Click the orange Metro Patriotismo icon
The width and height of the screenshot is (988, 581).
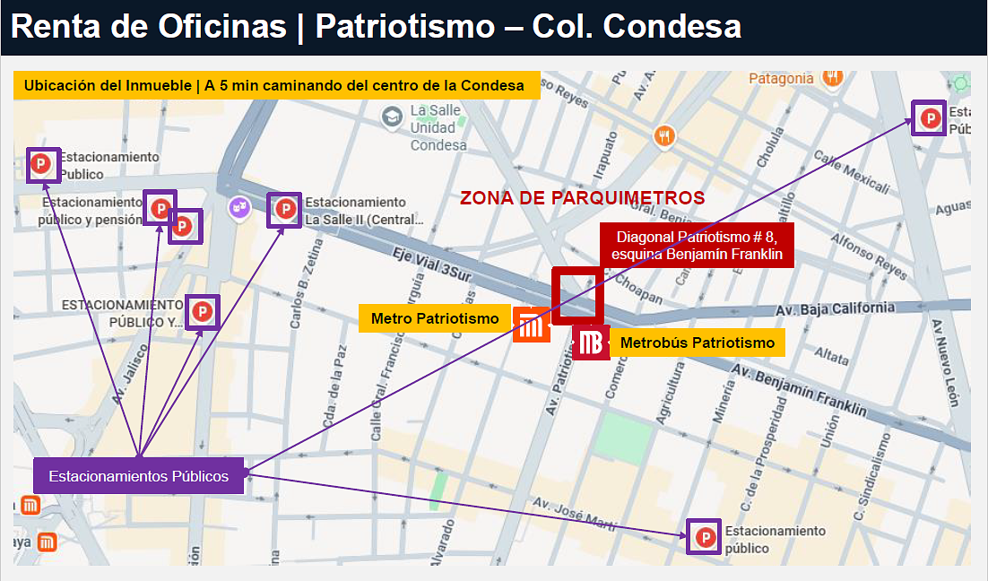pos(531,325)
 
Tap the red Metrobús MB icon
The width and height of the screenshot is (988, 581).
pos(590,343)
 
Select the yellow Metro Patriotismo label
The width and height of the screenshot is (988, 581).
pos(435,318)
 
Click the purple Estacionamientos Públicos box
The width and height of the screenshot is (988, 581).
pos(138,476)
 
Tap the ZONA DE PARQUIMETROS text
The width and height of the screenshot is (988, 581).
pos(582,197)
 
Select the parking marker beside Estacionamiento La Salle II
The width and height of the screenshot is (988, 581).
pos(285,210)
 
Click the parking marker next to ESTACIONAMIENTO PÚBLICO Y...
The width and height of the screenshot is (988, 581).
pos(203,312)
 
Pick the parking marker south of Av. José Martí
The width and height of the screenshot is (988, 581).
pos(705,537)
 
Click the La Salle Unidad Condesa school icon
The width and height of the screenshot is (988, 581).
pos(392,117)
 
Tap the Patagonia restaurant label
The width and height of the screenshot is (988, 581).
pos(782,79)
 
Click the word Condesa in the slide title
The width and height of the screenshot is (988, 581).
pos(672,27)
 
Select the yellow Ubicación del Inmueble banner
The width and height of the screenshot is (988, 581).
pos(275,86)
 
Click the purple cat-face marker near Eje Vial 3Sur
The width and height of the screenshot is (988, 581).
pos(238,207)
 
